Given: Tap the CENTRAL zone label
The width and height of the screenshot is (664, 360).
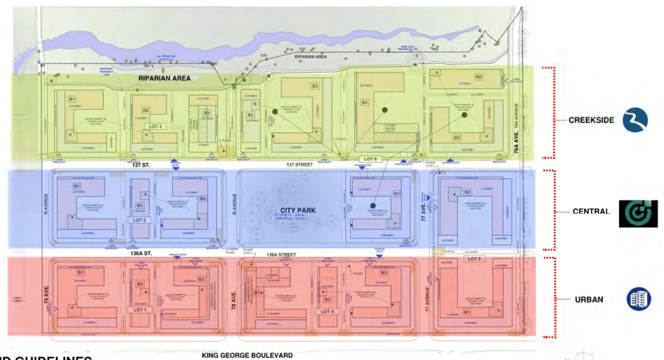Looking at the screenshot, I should click(x=591, y=212).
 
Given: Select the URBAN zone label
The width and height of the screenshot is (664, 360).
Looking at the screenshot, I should click(x=590, y=299).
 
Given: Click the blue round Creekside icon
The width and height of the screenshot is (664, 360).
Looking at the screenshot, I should click(x=635, y=120).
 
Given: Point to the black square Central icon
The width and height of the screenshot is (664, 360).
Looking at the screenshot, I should click(x=638, y=213).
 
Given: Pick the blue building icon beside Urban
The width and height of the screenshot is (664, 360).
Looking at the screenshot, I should click(x=638, y=299).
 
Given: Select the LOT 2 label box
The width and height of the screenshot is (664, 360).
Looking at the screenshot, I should click(x=140, y=220).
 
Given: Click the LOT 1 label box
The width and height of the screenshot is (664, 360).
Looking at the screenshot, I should click(x=140, y=310).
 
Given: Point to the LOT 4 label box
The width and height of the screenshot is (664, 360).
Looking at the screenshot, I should click(x=327, y=311).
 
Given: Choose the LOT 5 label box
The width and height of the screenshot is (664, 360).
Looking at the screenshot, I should click(x=474, y=259).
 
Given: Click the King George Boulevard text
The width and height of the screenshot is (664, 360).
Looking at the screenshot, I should click(x=247, y=355).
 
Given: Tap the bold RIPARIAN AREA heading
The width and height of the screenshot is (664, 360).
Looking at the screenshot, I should click(x=164, y=78).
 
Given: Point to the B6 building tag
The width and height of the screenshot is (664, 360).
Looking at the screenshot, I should click(x=478, y=77).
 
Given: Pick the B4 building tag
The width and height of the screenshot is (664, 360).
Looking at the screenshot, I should click(x=364, y=103).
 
